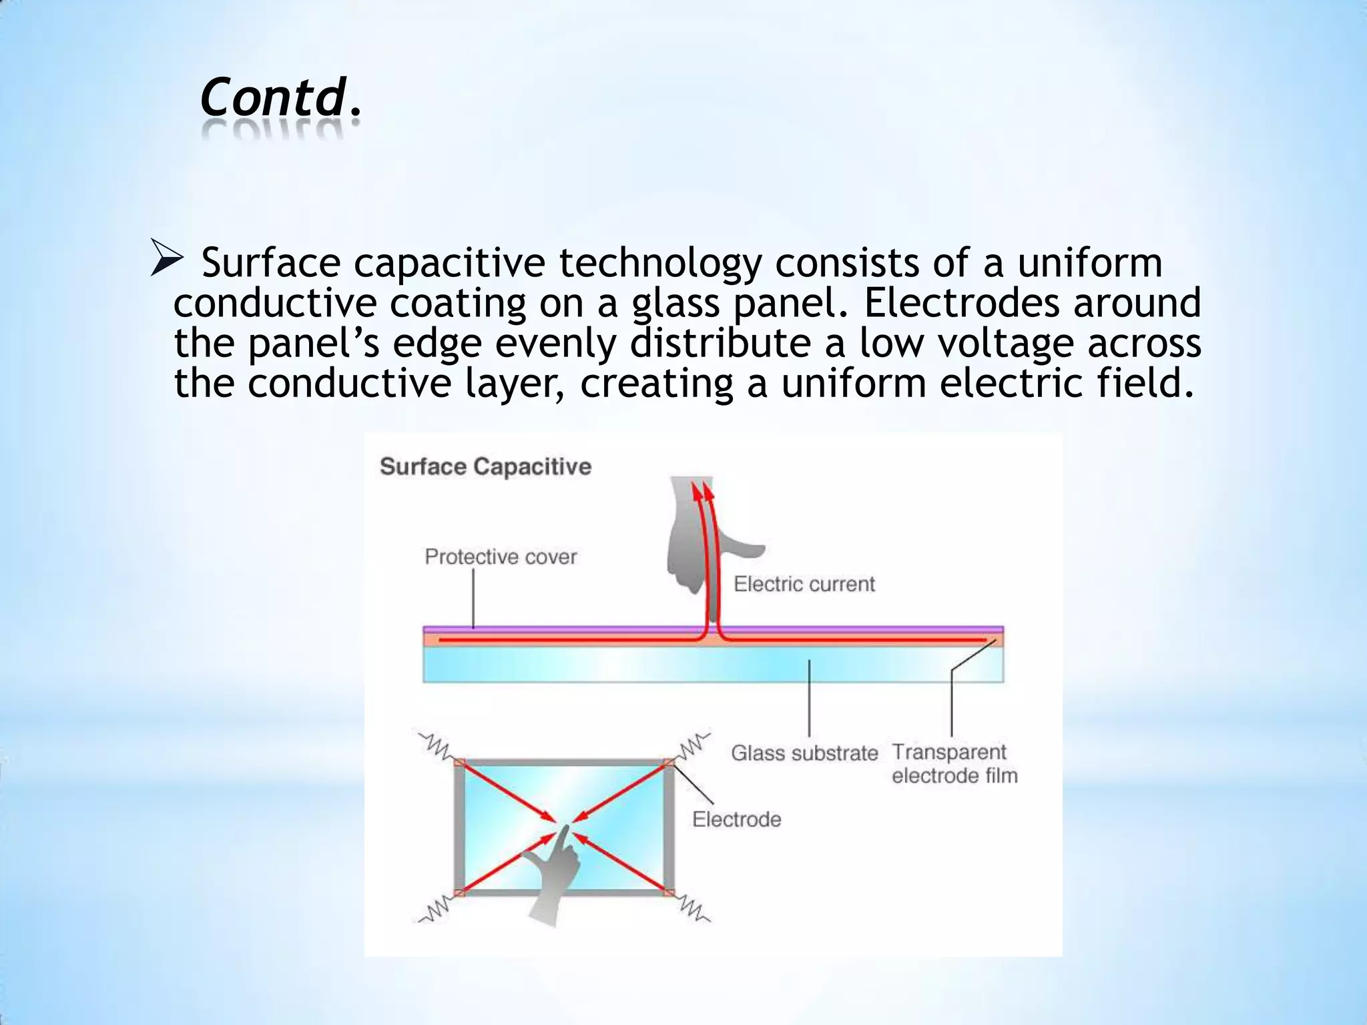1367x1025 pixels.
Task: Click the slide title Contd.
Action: [x=280, y=97]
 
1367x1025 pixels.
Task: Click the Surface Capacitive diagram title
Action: [x=485, y=466]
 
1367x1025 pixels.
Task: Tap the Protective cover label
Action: [x=501, y=557]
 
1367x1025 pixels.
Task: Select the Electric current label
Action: [x=804, y=584]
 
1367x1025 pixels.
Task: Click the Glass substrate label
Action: [x=804, y=753]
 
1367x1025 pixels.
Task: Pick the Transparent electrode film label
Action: [x=954, y=763]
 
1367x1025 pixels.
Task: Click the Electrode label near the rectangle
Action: [x=736, y=819]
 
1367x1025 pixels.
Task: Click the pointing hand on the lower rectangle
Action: [x=553, y=874]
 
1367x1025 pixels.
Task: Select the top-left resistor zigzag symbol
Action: [x=435, y=746]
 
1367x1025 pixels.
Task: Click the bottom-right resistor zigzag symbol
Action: [x=694, y=909]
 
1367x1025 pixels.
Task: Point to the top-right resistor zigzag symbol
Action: [x=694, y=745]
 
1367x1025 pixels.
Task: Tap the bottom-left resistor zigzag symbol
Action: [x=435, y=909]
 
